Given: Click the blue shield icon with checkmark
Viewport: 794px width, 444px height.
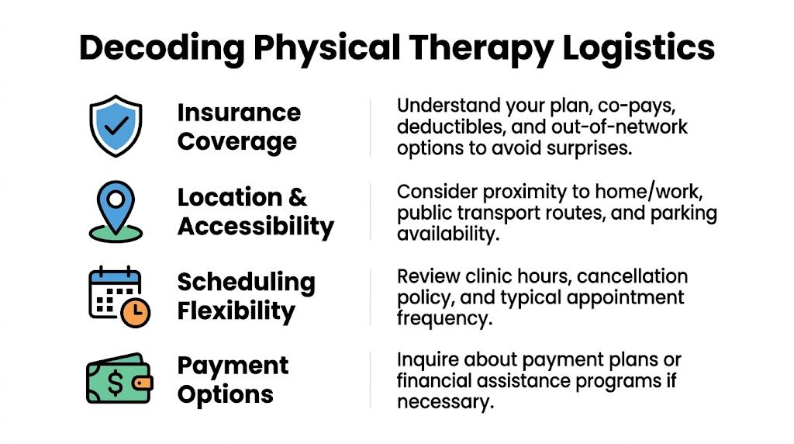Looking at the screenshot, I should [x=115, y=126].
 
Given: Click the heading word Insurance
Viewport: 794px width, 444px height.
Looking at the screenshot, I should [x=239, y=113].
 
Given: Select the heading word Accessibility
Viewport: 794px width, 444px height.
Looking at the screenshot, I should [x=256, y=226].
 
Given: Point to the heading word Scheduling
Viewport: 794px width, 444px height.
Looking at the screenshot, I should [x=246, y=282].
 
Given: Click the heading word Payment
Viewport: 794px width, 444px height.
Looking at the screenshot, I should [x=233, y=366].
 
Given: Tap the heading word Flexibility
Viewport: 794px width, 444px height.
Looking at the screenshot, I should [x=236, y=311].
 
